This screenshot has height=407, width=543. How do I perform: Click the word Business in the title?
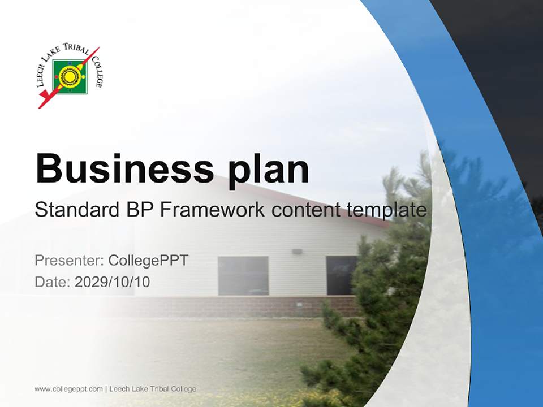tap(119, 168)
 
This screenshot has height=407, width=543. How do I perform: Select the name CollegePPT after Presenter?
tap(148, 261)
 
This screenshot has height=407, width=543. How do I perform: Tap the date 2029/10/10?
tap(112, 282)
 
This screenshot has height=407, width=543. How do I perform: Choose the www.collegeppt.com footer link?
tap(68, 389)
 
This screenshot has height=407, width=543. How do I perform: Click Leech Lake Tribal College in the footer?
tap(153, 389)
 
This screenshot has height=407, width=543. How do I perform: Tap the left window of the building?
tap(243, 275)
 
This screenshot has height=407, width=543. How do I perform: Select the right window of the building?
tap(341, 275)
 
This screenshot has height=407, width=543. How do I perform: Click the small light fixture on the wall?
tap(297, 251)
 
